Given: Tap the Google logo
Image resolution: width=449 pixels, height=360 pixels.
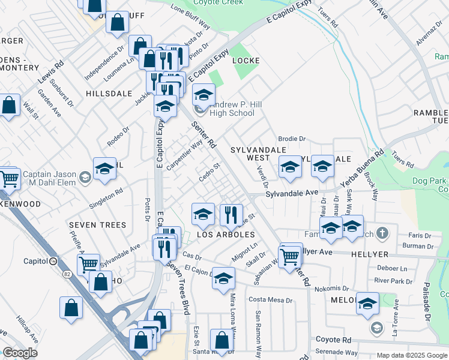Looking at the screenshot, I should [20, 353].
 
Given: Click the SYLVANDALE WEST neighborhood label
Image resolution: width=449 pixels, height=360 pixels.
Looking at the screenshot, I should [250, 153].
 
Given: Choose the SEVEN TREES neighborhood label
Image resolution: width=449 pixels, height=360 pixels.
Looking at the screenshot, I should [97, 225].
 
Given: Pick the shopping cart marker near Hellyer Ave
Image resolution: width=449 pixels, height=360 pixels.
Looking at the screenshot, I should [291, 256].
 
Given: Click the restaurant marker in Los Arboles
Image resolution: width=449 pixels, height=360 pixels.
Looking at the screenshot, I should [231, 214].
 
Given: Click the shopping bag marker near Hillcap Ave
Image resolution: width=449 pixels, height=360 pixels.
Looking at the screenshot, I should [71, 308].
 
